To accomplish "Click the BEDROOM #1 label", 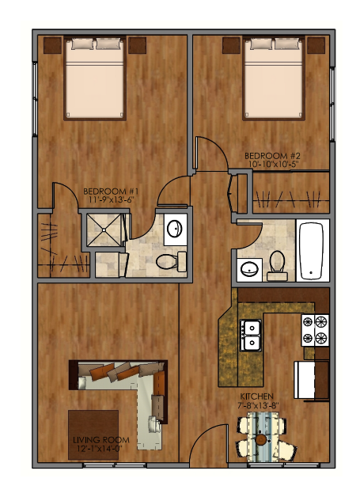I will coord(112,191).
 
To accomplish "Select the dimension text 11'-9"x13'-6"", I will coord(112,200).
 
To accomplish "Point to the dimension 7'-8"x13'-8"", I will coord(258,406).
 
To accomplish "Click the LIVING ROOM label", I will coord(94,440).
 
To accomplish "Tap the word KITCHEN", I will coord(258,396).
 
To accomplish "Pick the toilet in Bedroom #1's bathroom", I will coord(169,261).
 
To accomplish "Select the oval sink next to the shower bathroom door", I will coord(174,230).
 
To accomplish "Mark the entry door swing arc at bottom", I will coord(207,443).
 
